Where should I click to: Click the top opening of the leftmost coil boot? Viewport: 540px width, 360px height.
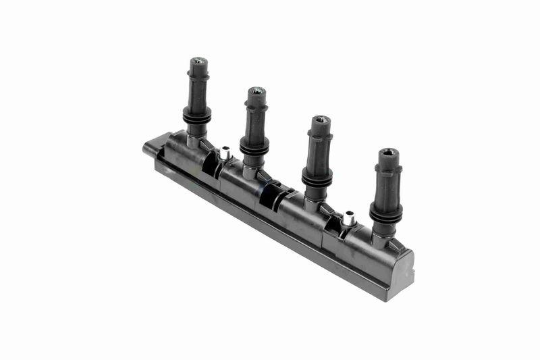tap(198, 61)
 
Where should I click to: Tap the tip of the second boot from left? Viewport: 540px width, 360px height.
tap(256, 91)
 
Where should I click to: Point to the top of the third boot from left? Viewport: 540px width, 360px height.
tap(321, 120)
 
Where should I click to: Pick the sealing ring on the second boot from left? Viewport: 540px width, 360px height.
tap(254, 145)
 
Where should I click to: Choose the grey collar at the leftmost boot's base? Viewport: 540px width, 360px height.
tap(194, 140)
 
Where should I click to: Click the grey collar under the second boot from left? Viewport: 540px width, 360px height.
tap(251, 170)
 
